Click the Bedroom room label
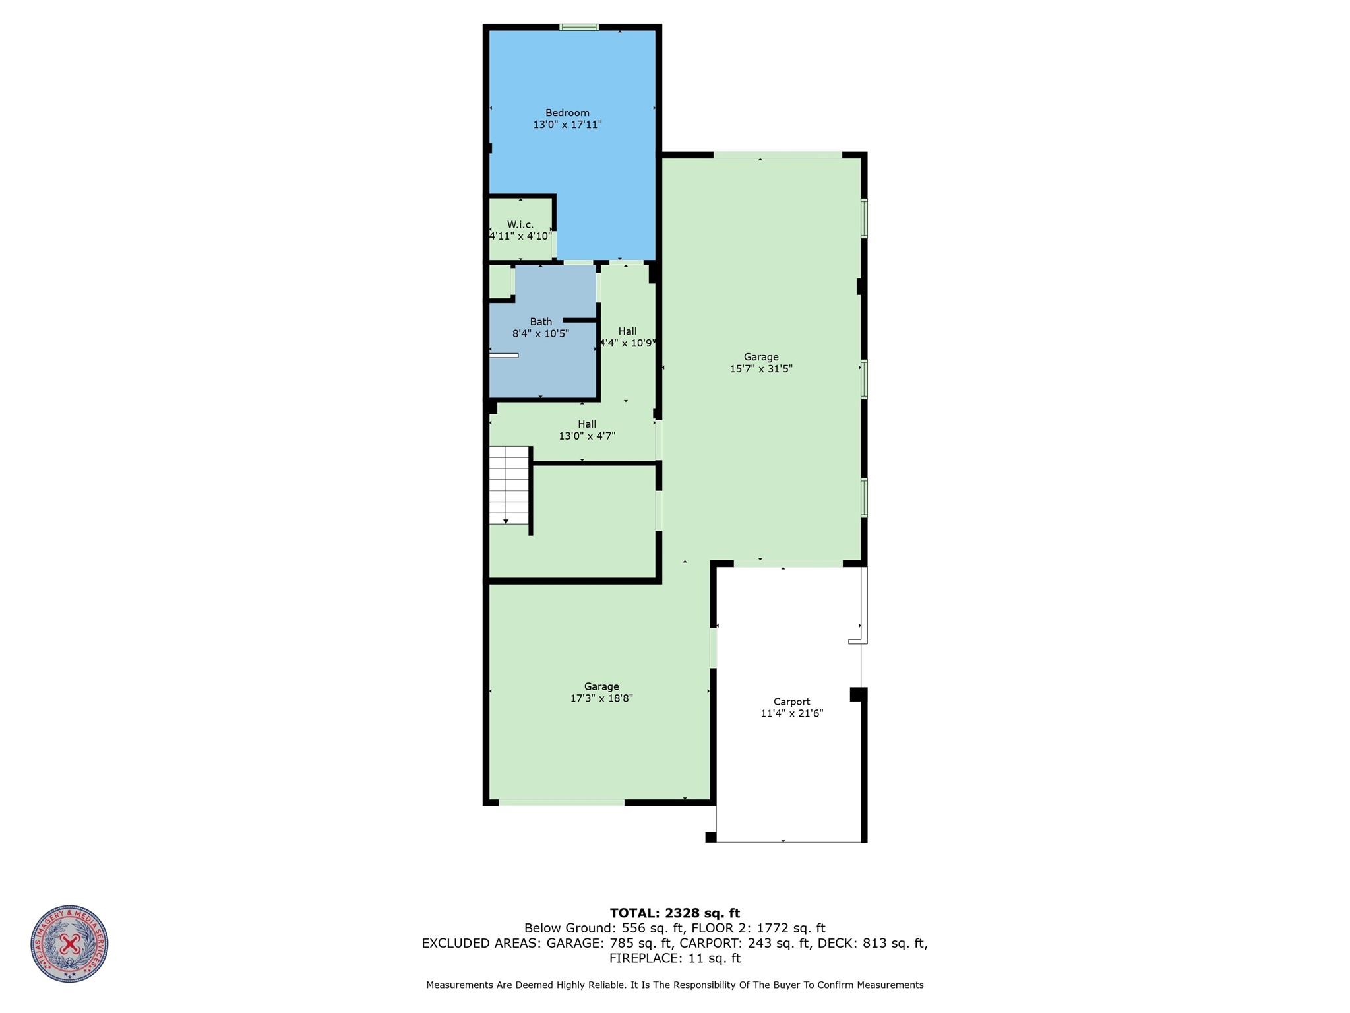[x=567, y=113]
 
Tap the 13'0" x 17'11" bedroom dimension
[x=567, y=125]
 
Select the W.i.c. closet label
[x=520, y=224]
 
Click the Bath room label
[x=541, y=322]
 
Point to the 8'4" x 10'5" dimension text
[x=541, y=334]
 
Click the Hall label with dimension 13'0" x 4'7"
[x=587, y=424]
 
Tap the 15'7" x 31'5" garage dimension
[x=761, y=369]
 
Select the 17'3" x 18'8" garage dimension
[x=601, y=698]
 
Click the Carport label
[x=791, y=702]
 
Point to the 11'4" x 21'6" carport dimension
[x=791, y=713]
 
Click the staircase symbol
[x=509, y=485]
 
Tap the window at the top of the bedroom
[x=579, y=27]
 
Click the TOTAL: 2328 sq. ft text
[x=675, y=913]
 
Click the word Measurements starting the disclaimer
[x=460, y=985]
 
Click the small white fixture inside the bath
[x=504, y=356]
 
